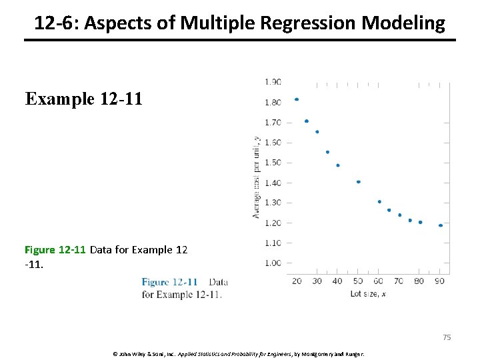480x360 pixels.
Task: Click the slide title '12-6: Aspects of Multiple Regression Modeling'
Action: point(239,23)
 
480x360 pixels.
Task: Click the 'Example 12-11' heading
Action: point(83,99)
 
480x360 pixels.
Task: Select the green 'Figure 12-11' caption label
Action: point(55,250)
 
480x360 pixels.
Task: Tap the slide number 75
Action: point(447,337)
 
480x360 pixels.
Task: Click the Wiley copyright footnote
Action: point(240,353)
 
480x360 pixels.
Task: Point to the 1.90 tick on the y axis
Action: point(273,82)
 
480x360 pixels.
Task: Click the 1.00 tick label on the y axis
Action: point(273,263)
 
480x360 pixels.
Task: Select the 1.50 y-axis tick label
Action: point(273,163)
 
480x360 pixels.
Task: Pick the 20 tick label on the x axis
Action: point(297,281)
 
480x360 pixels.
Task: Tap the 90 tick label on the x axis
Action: point(439,281)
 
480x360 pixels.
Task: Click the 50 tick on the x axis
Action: point(358,281)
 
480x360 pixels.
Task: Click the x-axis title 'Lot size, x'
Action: point(368,293)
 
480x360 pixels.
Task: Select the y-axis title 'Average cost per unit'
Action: point(256,176)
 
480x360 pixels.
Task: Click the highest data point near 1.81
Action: point(297,99)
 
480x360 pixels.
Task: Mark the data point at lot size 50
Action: point(358,182)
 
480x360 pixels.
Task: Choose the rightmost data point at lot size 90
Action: point(440,225)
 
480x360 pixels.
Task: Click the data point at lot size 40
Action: point(338,165)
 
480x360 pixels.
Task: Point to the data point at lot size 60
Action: point(379,201)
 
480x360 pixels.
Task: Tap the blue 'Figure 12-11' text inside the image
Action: point(169,283)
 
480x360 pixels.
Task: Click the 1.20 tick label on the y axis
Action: point(273,223)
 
